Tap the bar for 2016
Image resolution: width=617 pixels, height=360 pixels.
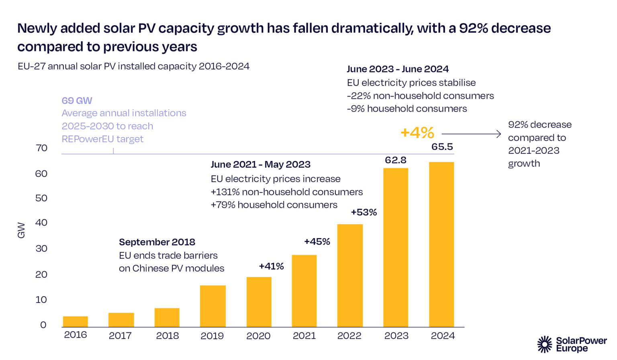pos(76,321)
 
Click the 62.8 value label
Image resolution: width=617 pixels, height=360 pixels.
pos(396,160)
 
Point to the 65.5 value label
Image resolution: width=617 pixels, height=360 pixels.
pos(442,147)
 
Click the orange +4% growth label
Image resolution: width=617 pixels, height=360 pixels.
pos(417,133)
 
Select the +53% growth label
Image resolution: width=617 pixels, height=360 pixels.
pos(364,212)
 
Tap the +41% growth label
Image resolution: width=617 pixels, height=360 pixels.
pos(272,266)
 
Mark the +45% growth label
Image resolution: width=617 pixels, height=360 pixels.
pos(317,241)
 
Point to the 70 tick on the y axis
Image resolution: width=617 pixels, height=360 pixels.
pos(41,148)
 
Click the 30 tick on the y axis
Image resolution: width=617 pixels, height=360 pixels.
pos(41,248)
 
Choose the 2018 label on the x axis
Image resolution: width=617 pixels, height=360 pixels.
pos(168,335)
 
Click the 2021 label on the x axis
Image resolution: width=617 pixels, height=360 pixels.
pos(304,335)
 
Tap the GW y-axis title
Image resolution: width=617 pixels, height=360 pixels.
pos(21,230)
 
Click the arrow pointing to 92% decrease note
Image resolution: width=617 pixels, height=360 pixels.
pos(471,134)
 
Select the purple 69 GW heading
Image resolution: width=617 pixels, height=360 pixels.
pos(77,100)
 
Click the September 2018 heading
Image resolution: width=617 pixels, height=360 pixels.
pos(157,242)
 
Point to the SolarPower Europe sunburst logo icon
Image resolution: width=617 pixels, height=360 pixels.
pos(545,344)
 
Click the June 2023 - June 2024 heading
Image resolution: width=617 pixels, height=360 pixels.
pos(398,69)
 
